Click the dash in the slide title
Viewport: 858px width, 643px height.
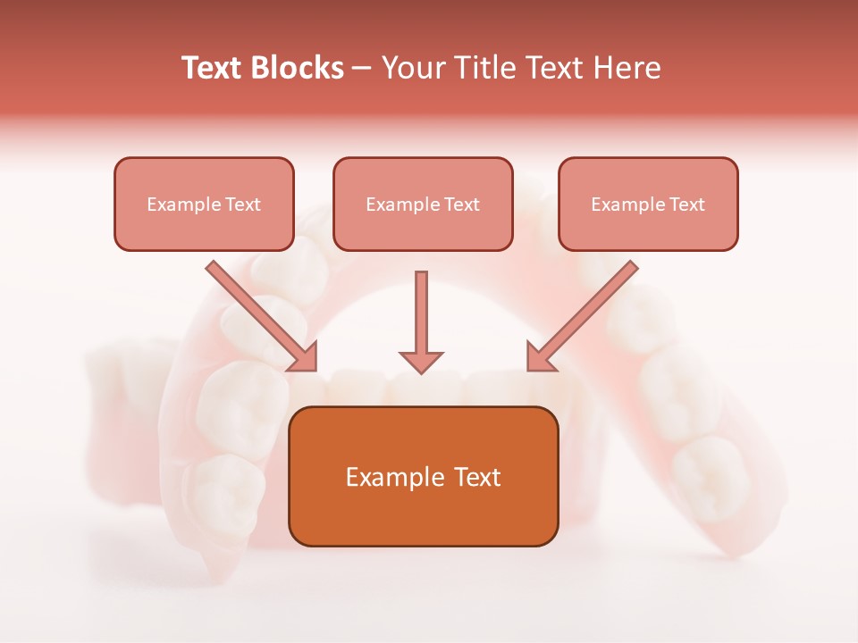[362, 69]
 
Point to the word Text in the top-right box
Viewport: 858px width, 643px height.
[687, 205]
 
